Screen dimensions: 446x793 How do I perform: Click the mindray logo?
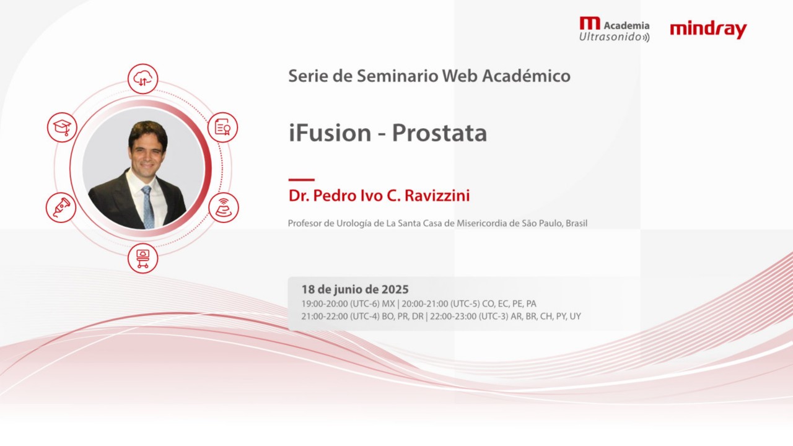pos(708,29)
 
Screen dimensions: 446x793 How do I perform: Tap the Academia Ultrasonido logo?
pos(614,30)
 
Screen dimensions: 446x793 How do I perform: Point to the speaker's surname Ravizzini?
pos(437,196)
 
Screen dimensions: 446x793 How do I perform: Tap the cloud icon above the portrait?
pos(143,79)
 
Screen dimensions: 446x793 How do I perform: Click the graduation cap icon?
pos(62,127)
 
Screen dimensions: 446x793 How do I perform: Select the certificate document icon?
pos(222,127)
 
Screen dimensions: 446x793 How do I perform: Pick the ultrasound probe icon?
pos(61,207)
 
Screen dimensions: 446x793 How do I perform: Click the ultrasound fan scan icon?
pos(223,207)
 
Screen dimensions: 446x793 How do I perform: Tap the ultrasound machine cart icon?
pos(143,258)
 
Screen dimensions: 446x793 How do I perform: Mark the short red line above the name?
pos(301,180)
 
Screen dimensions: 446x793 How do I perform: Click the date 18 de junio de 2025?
pos(355,289)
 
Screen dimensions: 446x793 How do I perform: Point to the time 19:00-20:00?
pos(323,304)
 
